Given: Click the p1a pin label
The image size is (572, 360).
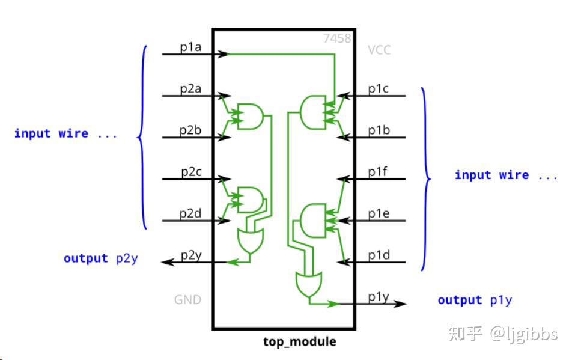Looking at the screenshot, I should pos(190,46).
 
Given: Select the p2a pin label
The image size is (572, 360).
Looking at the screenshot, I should pos(191,88).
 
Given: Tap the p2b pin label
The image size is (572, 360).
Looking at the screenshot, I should pos(191,130).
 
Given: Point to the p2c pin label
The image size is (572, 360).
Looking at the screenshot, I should pos(191,172).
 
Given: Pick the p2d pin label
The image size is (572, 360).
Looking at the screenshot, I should pos(191,214).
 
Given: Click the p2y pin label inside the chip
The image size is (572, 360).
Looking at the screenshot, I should pos(191,255).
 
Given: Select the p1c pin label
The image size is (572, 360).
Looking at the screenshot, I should pos(379,88).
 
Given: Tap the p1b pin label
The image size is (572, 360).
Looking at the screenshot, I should pos(379,130).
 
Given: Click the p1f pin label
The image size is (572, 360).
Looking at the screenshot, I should pos(379,172).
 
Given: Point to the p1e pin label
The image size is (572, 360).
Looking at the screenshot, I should pos(379,214).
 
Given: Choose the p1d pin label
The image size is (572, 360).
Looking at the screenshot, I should pos(379,255).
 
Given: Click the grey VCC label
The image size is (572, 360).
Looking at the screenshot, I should pos(379,50).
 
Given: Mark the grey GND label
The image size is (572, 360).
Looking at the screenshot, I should pos(187,299).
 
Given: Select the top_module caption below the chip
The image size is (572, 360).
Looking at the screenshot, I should pos(300,342).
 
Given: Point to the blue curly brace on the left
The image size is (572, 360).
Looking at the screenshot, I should pos(142,137).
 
